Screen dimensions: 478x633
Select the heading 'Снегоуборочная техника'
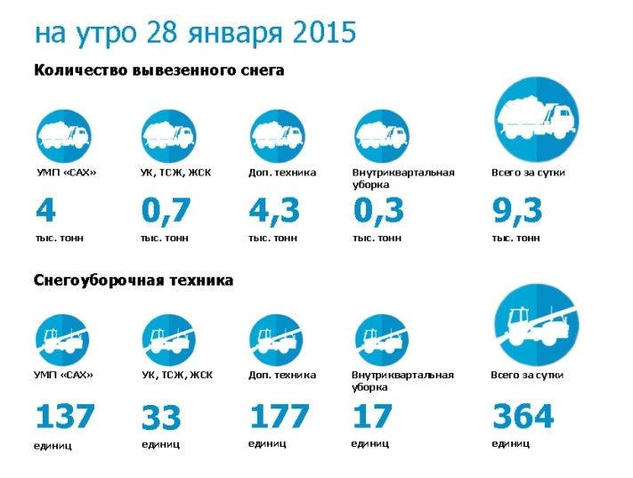(134, 280)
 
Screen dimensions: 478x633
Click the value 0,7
(166, 212)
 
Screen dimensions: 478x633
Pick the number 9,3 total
(517, 212)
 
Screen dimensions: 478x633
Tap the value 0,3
(378, 212)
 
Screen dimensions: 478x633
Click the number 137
(64, 416)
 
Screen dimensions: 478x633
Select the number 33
(161, 417)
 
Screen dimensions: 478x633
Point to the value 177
(279, 416)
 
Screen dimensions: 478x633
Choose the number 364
(523, 416)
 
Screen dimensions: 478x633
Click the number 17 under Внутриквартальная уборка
(372, 416)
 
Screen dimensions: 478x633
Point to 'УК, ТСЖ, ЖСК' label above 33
(177, 376)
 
